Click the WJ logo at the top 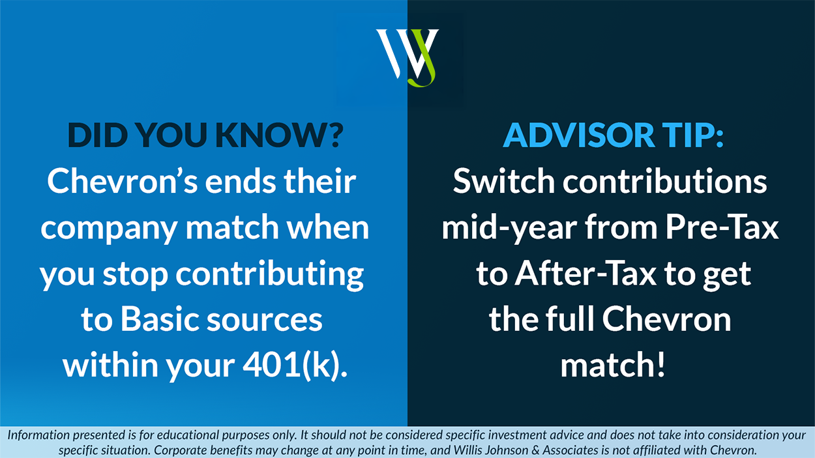pyautogui.click(x=407, y=58)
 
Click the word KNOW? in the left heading pyautogui.click(x=280, y=135)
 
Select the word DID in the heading pyautogui.click(x=98, y=135)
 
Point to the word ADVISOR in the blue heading pyautogui.click(x=578, y=135)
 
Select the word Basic pyautogui.click(x=160, y=319)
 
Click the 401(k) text pyautogui.click(x=295, y=365)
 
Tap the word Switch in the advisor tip pyautogui.click(x=504, y=181)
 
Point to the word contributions pyautogui.click(x=665, y=181)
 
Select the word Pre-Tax pyautogui.click(x=722, y=227)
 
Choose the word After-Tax pyautogui.click(x=585, y=274)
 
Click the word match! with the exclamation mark pyautogui.click(x=613, y=365)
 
